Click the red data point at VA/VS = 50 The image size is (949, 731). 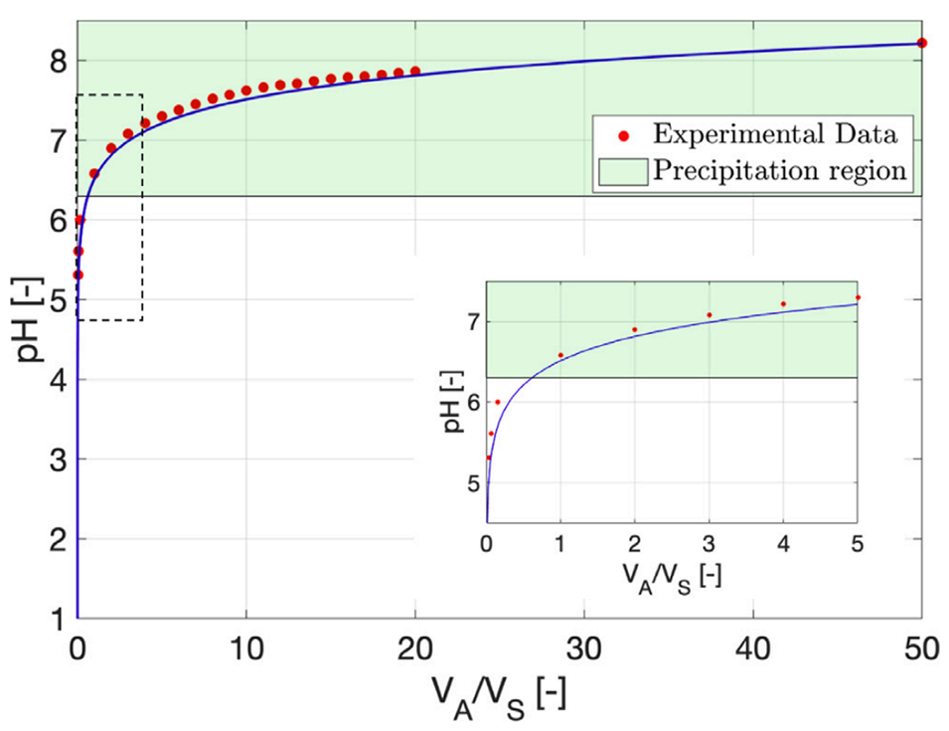pos(921,43)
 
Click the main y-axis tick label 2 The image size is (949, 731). pos(57,539)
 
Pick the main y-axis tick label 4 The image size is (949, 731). pos(57,380)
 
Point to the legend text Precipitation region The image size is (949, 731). pos(779,170)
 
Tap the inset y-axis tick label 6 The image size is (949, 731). pos(472,402)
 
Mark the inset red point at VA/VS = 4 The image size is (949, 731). pos(783,304)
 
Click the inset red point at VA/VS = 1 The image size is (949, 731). pos(560,355)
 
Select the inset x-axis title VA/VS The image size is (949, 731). pos(671,578)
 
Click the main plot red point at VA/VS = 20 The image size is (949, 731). pos(415,72)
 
